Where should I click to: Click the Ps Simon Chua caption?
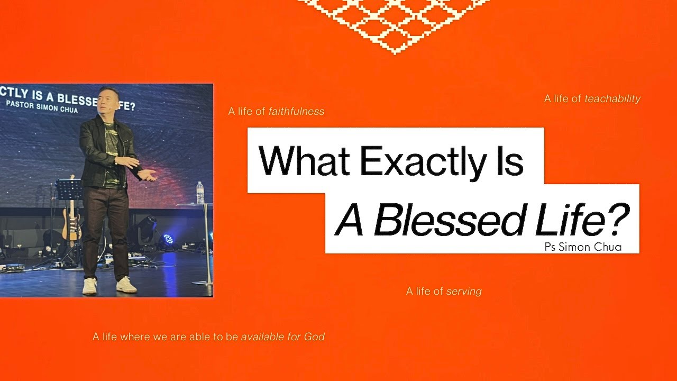[582, 247]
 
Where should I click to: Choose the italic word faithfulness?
[296, 112]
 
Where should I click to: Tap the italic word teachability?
[612, 99]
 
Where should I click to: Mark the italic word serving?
[464, 292]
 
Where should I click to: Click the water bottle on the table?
[200, 193]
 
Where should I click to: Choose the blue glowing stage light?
[168, 239]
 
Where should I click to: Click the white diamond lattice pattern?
[394, 21]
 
